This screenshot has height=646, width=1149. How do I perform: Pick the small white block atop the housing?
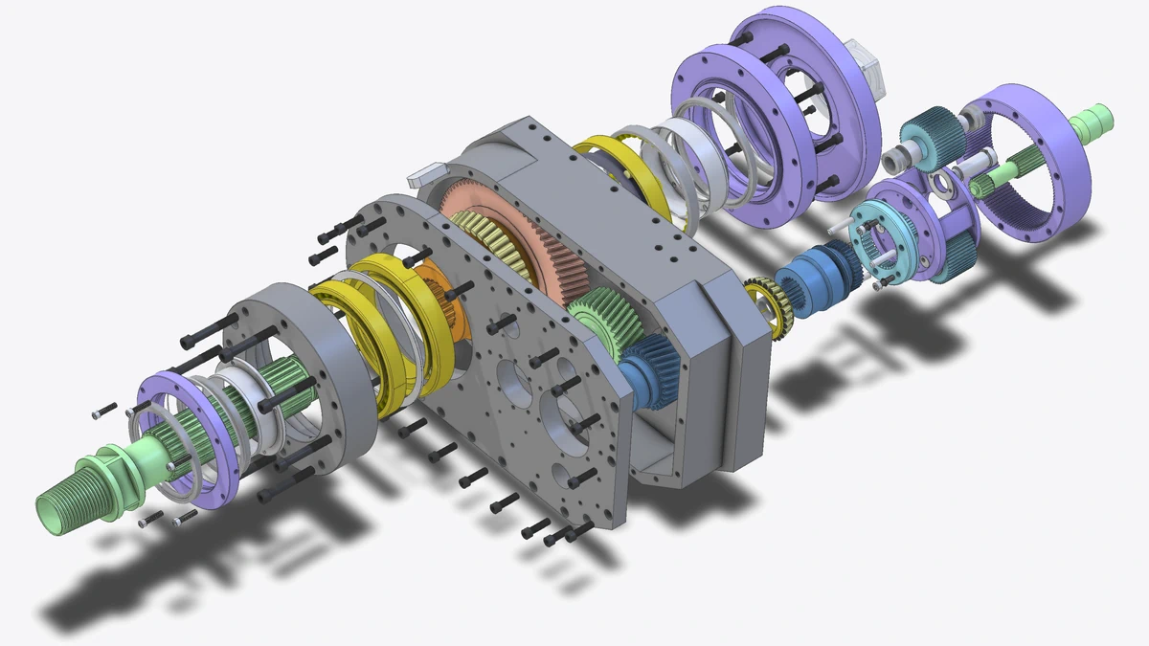pos(427,173)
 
